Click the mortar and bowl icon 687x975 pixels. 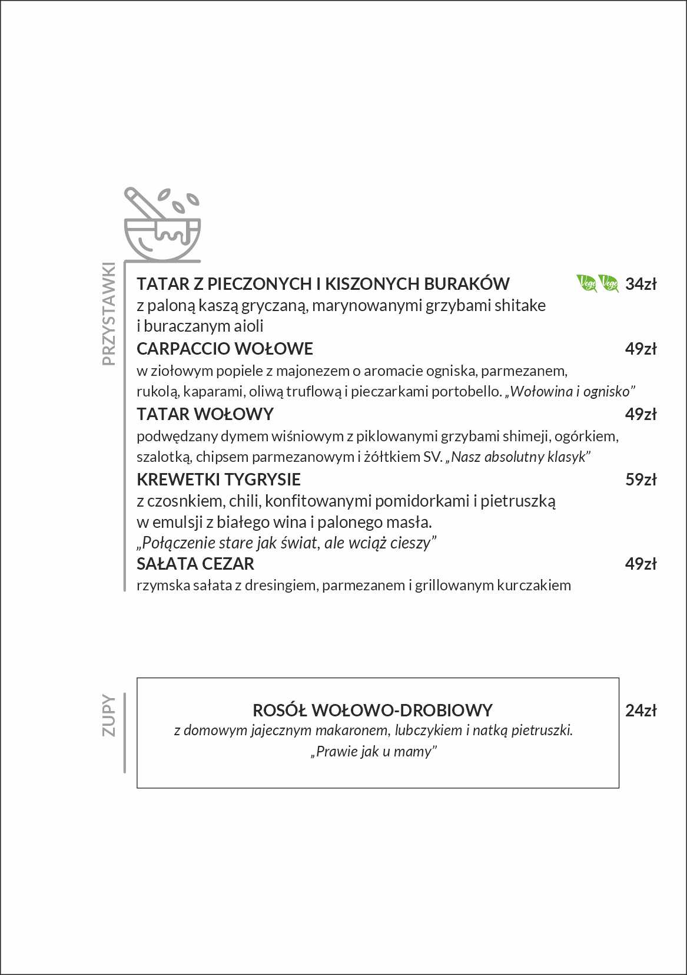point(162,224)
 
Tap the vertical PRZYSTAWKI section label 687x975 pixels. point(109,313)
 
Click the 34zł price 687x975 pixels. point(640,284)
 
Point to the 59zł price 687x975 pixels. point(640,480)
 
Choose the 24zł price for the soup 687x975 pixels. point(640,710)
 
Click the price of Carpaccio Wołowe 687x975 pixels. point(640,349)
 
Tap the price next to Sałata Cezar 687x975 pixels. point(640,564)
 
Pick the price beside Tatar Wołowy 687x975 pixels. point(640,414)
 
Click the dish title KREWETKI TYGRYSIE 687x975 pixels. point(218,480)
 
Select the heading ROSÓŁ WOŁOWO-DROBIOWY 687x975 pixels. point(372,710)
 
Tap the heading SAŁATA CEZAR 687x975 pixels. point(195,564)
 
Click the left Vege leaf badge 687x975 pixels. point(586,283)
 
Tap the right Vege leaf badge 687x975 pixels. point(608,283)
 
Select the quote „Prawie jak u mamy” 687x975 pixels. point(374,752)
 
